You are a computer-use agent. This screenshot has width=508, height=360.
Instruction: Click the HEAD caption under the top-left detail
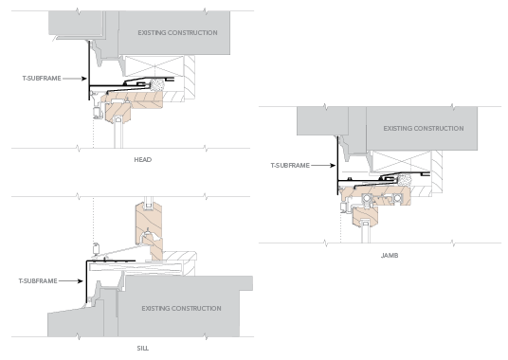[x=143, y=160]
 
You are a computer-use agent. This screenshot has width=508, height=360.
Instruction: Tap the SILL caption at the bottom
[x=143, y=349]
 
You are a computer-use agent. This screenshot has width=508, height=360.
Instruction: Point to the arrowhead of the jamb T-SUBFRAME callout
[x=336, y=166]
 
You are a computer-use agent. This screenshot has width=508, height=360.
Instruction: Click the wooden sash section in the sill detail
[x=145, y=228]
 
